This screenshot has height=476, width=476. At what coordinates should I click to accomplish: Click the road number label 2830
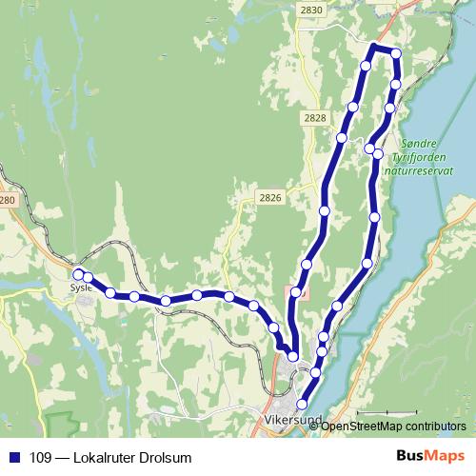point(310,10)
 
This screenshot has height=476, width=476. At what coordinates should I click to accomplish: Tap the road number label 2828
point(315,117)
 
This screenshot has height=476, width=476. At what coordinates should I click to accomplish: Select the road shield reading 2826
point(270,197)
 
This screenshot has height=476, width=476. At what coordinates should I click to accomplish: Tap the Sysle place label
point(80,285)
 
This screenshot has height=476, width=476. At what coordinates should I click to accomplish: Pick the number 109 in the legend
point(41,458)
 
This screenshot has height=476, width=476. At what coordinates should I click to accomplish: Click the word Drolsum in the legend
point(168,458)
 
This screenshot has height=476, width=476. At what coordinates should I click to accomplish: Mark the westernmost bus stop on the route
point(78,274)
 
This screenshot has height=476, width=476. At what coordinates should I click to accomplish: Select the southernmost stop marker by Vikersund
point(303,405)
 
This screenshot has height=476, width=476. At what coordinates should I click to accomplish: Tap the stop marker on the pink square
point(297,292)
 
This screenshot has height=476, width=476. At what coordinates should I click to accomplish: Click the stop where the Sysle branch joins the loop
point(293,356)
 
